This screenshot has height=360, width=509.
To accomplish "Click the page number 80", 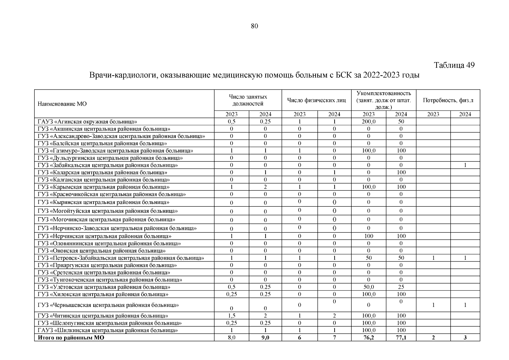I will (x=254, y=26).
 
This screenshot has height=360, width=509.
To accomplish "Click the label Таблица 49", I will (x=454, y=65).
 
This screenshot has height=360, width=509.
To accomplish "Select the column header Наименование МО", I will (x=62, y=104).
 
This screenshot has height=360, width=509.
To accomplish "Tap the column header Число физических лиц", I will (x=316, y=100).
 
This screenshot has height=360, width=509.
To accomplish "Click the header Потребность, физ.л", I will (x=448, y=100).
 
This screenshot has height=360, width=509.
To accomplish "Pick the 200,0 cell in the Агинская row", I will (x=368, y=121).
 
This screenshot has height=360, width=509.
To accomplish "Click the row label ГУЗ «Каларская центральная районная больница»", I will (x=102, y=172).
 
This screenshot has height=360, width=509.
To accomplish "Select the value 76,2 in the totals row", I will (x=368, y=337).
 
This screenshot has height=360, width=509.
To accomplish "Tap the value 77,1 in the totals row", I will (x=401, y=337).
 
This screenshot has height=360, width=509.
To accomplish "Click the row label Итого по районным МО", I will (x=71, y=337).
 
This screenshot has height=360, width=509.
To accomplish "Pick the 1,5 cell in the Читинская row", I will (x=231, y=316).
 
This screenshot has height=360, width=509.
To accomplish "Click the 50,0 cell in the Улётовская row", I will (x=368, y=287).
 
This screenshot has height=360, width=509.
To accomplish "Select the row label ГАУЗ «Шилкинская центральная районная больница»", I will (x=108, y=330).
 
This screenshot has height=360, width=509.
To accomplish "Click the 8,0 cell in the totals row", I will (x=231, y=337).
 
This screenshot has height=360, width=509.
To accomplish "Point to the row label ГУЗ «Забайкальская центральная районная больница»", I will (x=108, y=165).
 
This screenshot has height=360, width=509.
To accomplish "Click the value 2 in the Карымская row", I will (x=265, y=187).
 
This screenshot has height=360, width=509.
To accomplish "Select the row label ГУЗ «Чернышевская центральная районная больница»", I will (x=108, y=305).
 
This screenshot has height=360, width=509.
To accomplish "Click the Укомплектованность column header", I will (x=383, y=93).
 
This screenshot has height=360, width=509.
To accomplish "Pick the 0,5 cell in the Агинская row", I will (x=231, y=121).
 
